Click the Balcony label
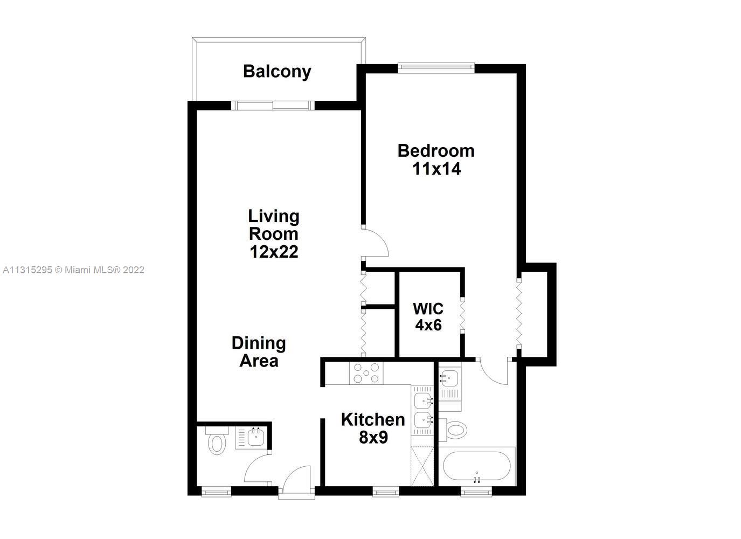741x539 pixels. pyautogui.click(x=277, y=72)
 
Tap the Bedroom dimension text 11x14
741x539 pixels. pyautogui.click(x=437, y=169)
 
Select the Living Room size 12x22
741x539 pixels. pyautogui.click(x=274, y=252)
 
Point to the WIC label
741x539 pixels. pyautogui.click(x=428, y=309)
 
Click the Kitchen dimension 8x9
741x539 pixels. pyautogui.click(x=373, y=438)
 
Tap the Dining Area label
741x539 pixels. pyautogui.click(x=259, y=352)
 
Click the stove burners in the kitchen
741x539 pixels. pyautogui.click(x=366, y=373)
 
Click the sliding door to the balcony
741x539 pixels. pyautogui.click(x=273, y=105)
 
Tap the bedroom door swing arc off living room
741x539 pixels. pyautogui.click(x=376, y=242)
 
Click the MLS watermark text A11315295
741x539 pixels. pyautogui.click(x=27, y=270)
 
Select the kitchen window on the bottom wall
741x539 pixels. pyautogui.click(x=386, y=493)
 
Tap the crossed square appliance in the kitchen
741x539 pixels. pyautogui.click(x=422, y=466)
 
